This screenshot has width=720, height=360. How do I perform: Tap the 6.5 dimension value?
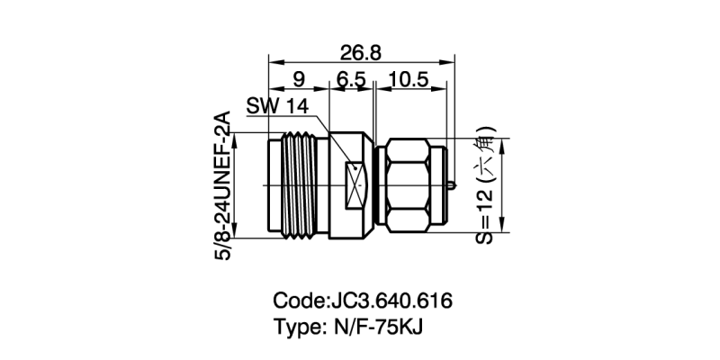click(x=351, y=80)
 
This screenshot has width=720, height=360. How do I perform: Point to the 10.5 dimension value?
click(x=408, y=80)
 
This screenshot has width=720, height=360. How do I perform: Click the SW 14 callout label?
click(x=277, y=106)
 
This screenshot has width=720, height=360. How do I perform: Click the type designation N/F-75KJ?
click(x=372, y=326)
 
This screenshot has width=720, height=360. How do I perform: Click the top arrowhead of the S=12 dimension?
click(x=504, y=142)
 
